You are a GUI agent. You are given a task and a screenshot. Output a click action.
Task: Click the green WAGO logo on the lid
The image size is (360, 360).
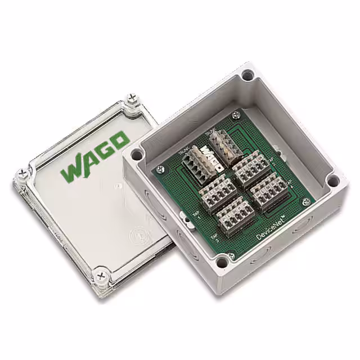(x=95, y=156)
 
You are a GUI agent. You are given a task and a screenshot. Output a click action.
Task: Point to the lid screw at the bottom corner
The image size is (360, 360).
(x=102, y=274)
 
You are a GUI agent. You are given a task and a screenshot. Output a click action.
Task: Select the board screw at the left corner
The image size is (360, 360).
(x=162, y=168)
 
